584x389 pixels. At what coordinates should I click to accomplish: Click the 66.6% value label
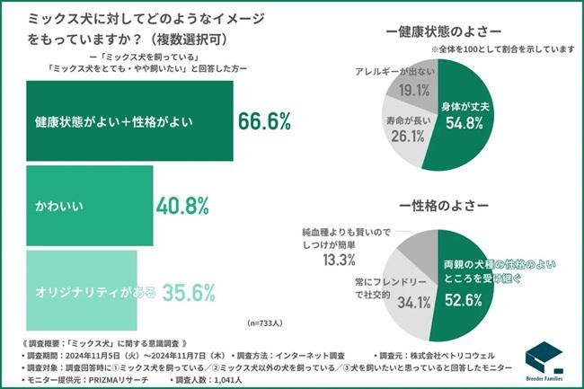click(267, 120)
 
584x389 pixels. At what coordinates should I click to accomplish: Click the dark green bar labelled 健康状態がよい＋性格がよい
click(126, 119)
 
